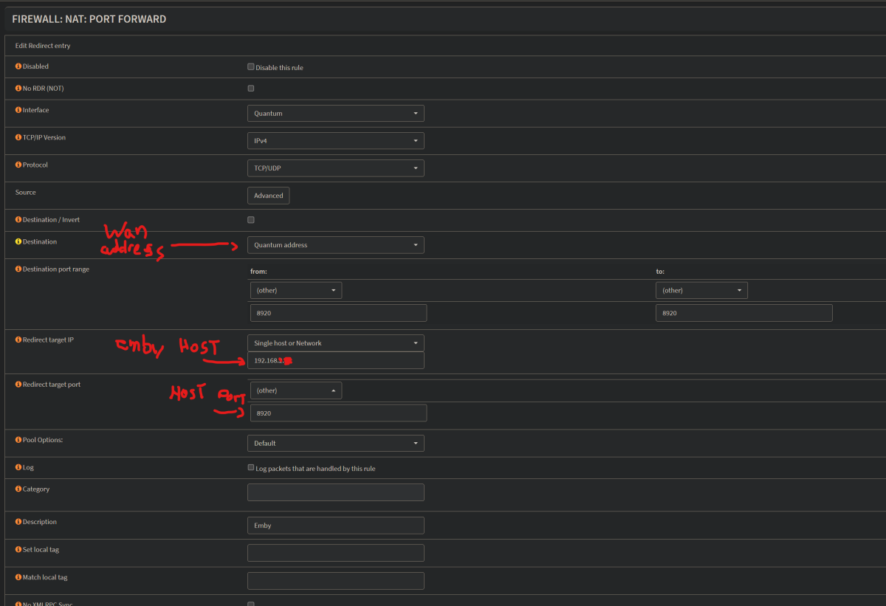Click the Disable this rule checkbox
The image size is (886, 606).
point(251,67)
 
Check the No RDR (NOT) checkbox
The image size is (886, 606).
point(251,89)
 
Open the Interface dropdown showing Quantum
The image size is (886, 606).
point(335,114)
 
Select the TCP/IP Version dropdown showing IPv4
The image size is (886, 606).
point(335,140)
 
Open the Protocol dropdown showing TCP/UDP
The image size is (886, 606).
point(335,168)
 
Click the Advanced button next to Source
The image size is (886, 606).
point(268,196)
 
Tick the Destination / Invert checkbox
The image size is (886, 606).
point(251,220)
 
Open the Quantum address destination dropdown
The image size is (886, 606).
point(335,245)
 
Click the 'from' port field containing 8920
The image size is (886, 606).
point(338,313)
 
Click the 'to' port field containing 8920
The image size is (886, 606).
point(744,313)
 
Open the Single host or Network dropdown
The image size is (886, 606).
point(335,343)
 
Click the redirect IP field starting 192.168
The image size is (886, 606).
point(335,360)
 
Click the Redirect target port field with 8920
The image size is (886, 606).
point(338,413)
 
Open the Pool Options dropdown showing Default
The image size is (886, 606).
point(335,443)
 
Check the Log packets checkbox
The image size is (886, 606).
point(251,468)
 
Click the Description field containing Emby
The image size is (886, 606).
point(335,526)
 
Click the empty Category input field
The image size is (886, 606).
point(335,492)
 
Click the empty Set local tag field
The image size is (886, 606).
point(335,553)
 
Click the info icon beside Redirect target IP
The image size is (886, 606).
point(18,340)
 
